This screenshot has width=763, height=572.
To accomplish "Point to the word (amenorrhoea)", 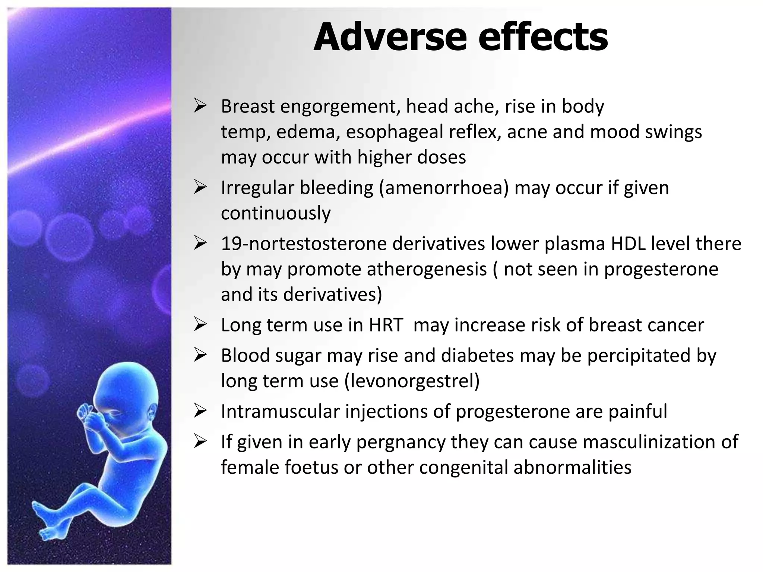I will click(x=444, y=188).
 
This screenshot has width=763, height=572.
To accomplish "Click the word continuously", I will click(x=276, y=213).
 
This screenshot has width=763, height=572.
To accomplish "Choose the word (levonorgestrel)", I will click(x=412, y=381).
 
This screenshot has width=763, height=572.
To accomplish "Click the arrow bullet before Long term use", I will click(x=200, y=325).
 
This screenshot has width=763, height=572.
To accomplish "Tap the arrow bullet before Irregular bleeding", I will click(x=200, y=188).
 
